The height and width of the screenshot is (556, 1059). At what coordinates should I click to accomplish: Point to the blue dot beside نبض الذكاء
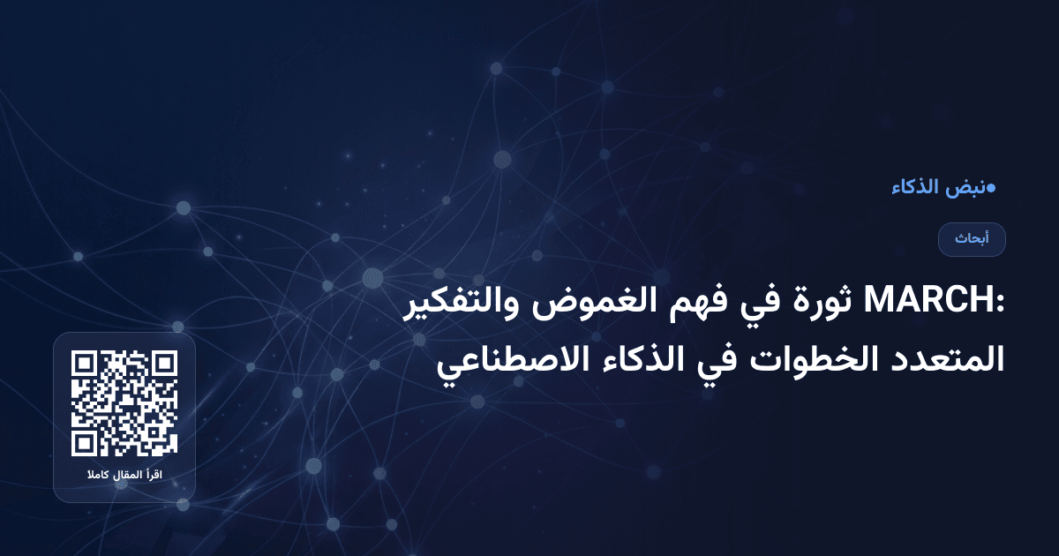pyautogui.click(x=991, y=187)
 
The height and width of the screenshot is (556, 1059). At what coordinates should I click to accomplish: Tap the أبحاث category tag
pyautogui.click(x=972, y=239)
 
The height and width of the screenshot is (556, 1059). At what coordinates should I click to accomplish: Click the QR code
pyautogui.click(x=124, y=403)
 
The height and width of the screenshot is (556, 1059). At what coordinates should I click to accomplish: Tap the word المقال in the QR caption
pyautogui.click(x=126, y=477)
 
